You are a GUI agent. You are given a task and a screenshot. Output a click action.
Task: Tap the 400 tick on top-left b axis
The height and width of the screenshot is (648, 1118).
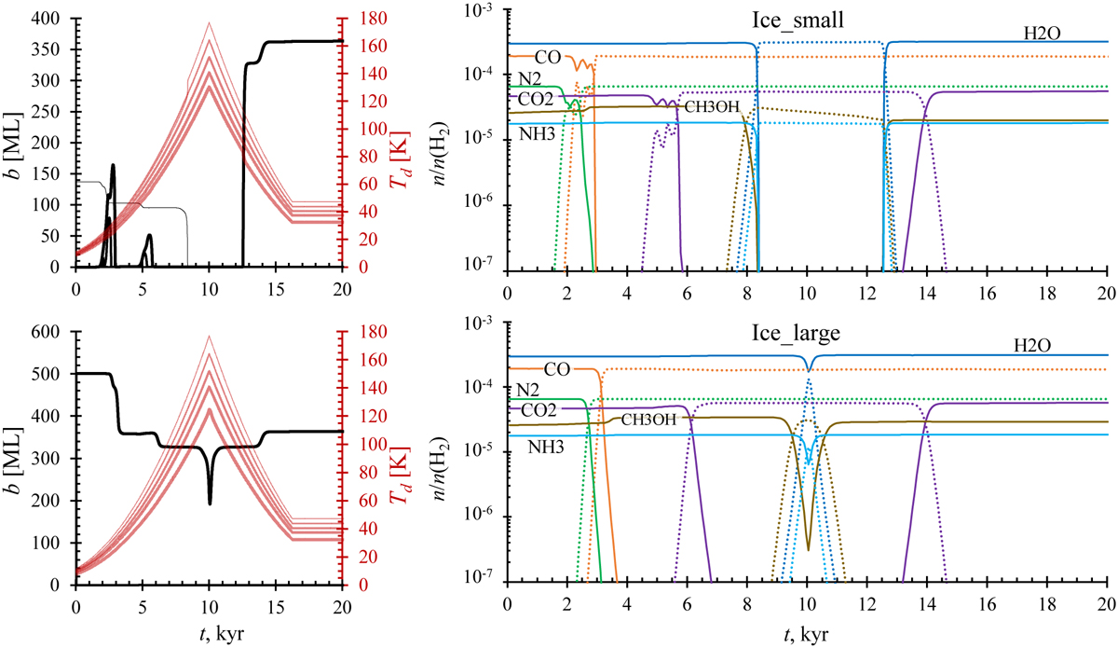pos(49,19)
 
